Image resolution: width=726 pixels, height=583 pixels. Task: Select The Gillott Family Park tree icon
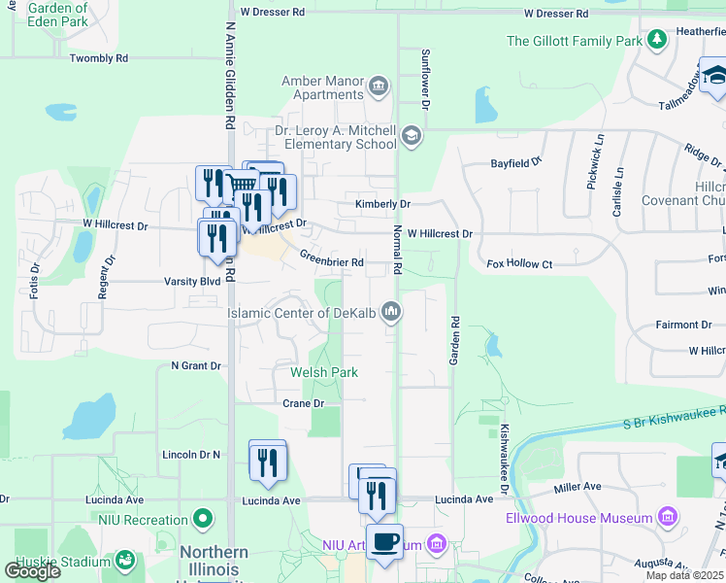coord(658,40)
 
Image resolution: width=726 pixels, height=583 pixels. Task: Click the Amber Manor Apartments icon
coord(378,87)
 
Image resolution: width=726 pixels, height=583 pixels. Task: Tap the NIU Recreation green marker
coord(202,519)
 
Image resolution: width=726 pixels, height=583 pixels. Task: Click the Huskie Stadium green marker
coord(124,560)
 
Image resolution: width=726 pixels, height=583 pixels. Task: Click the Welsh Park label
coord(324,372)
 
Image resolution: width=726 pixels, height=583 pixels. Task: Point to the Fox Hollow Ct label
coord(519,263)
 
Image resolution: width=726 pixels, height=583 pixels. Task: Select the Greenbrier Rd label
coord(331,259)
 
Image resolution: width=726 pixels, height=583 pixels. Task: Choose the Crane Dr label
coord(303,402)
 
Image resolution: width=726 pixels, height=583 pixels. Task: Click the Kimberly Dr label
coord(382,204)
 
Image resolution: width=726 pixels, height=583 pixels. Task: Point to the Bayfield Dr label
coord(514,164)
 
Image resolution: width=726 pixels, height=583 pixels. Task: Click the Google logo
coord(33,570)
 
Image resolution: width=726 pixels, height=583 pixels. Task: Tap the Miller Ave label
coord(577,486)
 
